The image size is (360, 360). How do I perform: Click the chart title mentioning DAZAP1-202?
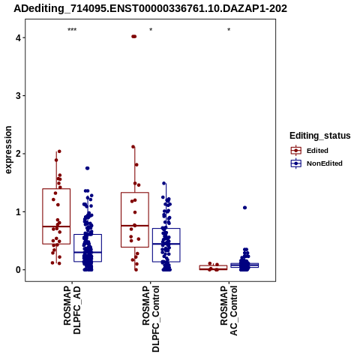point(150,9)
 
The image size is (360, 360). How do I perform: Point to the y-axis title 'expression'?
point(8,150)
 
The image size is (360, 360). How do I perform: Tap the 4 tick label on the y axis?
point(18,38)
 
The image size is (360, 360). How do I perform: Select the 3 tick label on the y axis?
point(18,96)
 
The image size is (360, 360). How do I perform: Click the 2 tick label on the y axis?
point(18,154)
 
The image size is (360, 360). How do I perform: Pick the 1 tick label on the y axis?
point(18,211)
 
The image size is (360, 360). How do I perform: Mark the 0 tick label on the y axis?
point(18,270)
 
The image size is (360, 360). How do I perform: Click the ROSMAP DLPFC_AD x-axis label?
point(72,310)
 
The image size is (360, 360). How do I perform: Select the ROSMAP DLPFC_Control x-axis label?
point(151,319)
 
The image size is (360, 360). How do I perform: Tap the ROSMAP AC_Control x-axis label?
point(229,310)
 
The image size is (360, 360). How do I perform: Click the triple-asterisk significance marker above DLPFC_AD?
point(72,30)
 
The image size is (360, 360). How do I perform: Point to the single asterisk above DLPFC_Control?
point(151,30)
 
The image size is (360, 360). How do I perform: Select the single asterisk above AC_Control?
point(229,30)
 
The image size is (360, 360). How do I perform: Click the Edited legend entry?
point(309,151)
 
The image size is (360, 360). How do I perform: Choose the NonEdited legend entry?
point(316,163)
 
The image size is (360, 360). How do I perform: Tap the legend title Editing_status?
point(320,136)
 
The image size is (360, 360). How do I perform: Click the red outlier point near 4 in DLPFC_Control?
point(134,37)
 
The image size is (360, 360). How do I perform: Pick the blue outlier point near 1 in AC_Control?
point(244,208)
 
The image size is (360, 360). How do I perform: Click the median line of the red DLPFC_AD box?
point(56,226)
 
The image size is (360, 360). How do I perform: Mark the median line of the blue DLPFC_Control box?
point(166,244)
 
